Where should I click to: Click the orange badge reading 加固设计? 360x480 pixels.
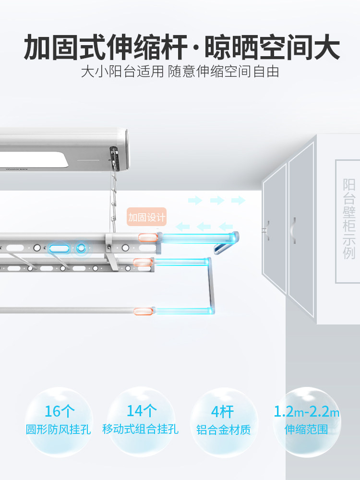click(x=146, y=217)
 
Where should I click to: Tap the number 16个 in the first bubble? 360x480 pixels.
click(x=60, y=411)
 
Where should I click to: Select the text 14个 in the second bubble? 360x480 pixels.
click(x=142, y=410)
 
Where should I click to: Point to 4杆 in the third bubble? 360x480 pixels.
click(x=223, y=412)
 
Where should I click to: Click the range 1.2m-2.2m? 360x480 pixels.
click(x=306, y=411)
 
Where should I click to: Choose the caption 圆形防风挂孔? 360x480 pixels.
click(x=58, y=429)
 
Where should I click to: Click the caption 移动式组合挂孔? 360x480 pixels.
click(x=140, y=429)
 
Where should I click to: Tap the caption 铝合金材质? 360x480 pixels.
click(x=224, y=430)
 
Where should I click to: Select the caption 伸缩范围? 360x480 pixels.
click(x=306, y=429)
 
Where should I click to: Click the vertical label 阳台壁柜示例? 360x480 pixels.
click(x=349, y=219)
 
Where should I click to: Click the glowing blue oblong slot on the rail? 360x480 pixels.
click(x=59, y=248)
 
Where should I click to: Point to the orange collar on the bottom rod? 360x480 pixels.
click(x=143, y=312)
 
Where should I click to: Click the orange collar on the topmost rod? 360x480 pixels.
click(x=148, y=238)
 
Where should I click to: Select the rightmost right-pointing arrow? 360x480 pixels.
click(x=239, y=201)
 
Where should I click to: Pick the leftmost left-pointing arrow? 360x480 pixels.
click(x=182, y=227)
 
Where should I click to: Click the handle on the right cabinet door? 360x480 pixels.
click(x=294, y=230)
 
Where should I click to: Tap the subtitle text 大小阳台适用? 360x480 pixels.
click(x=122, y=72)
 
